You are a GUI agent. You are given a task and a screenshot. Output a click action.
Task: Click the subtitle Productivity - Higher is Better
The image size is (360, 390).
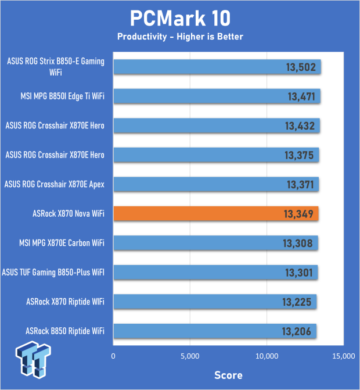[180, 37]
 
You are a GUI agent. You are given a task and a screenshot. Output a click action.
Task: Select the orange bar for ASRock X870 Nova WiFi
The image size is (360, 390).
[216, 214]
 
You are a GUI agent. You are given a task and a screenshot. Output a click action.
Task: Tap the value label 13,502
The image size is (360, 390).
[301, 67]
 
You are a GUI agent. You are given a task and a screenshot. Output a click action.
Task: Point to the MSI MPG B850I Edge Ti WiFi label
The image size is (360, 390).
[57, 95]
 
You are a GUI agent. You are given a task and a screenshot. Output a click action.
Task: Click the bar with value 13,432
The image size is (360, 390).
[216, 126]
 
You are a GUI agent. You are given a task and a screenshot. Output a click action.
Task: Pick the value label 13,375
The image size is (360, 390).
[300, 155]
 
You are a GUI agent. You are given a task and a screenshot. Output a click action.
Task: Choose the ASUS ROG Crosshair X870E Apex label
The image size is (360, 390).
[55, 184]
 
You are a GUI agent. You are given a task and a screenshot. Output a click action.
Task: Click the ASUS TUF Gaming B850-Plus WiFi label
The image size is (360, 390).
[54, 271]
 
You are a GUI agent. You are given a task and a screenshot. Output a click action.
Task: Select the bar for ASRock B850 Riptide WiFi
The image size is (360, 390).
[214, 331]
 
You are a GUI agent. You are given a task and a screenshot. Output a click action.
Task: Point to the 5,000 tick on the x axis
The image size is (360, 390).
[190, 356]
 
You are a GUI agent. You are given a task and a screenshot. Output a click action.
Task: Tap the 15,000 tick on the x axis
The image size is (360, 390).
[343, 356]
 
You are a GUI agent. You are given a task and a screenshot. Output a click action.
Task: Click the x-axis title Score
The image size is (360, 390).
[228, 375]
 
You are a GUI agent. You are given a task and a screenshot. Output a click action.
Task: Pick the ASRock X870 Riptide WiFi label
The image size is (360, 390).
[65, 301]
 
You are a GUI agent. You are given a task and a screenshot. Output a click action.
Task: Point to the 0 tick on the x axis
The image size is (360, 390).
[114, 356]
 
